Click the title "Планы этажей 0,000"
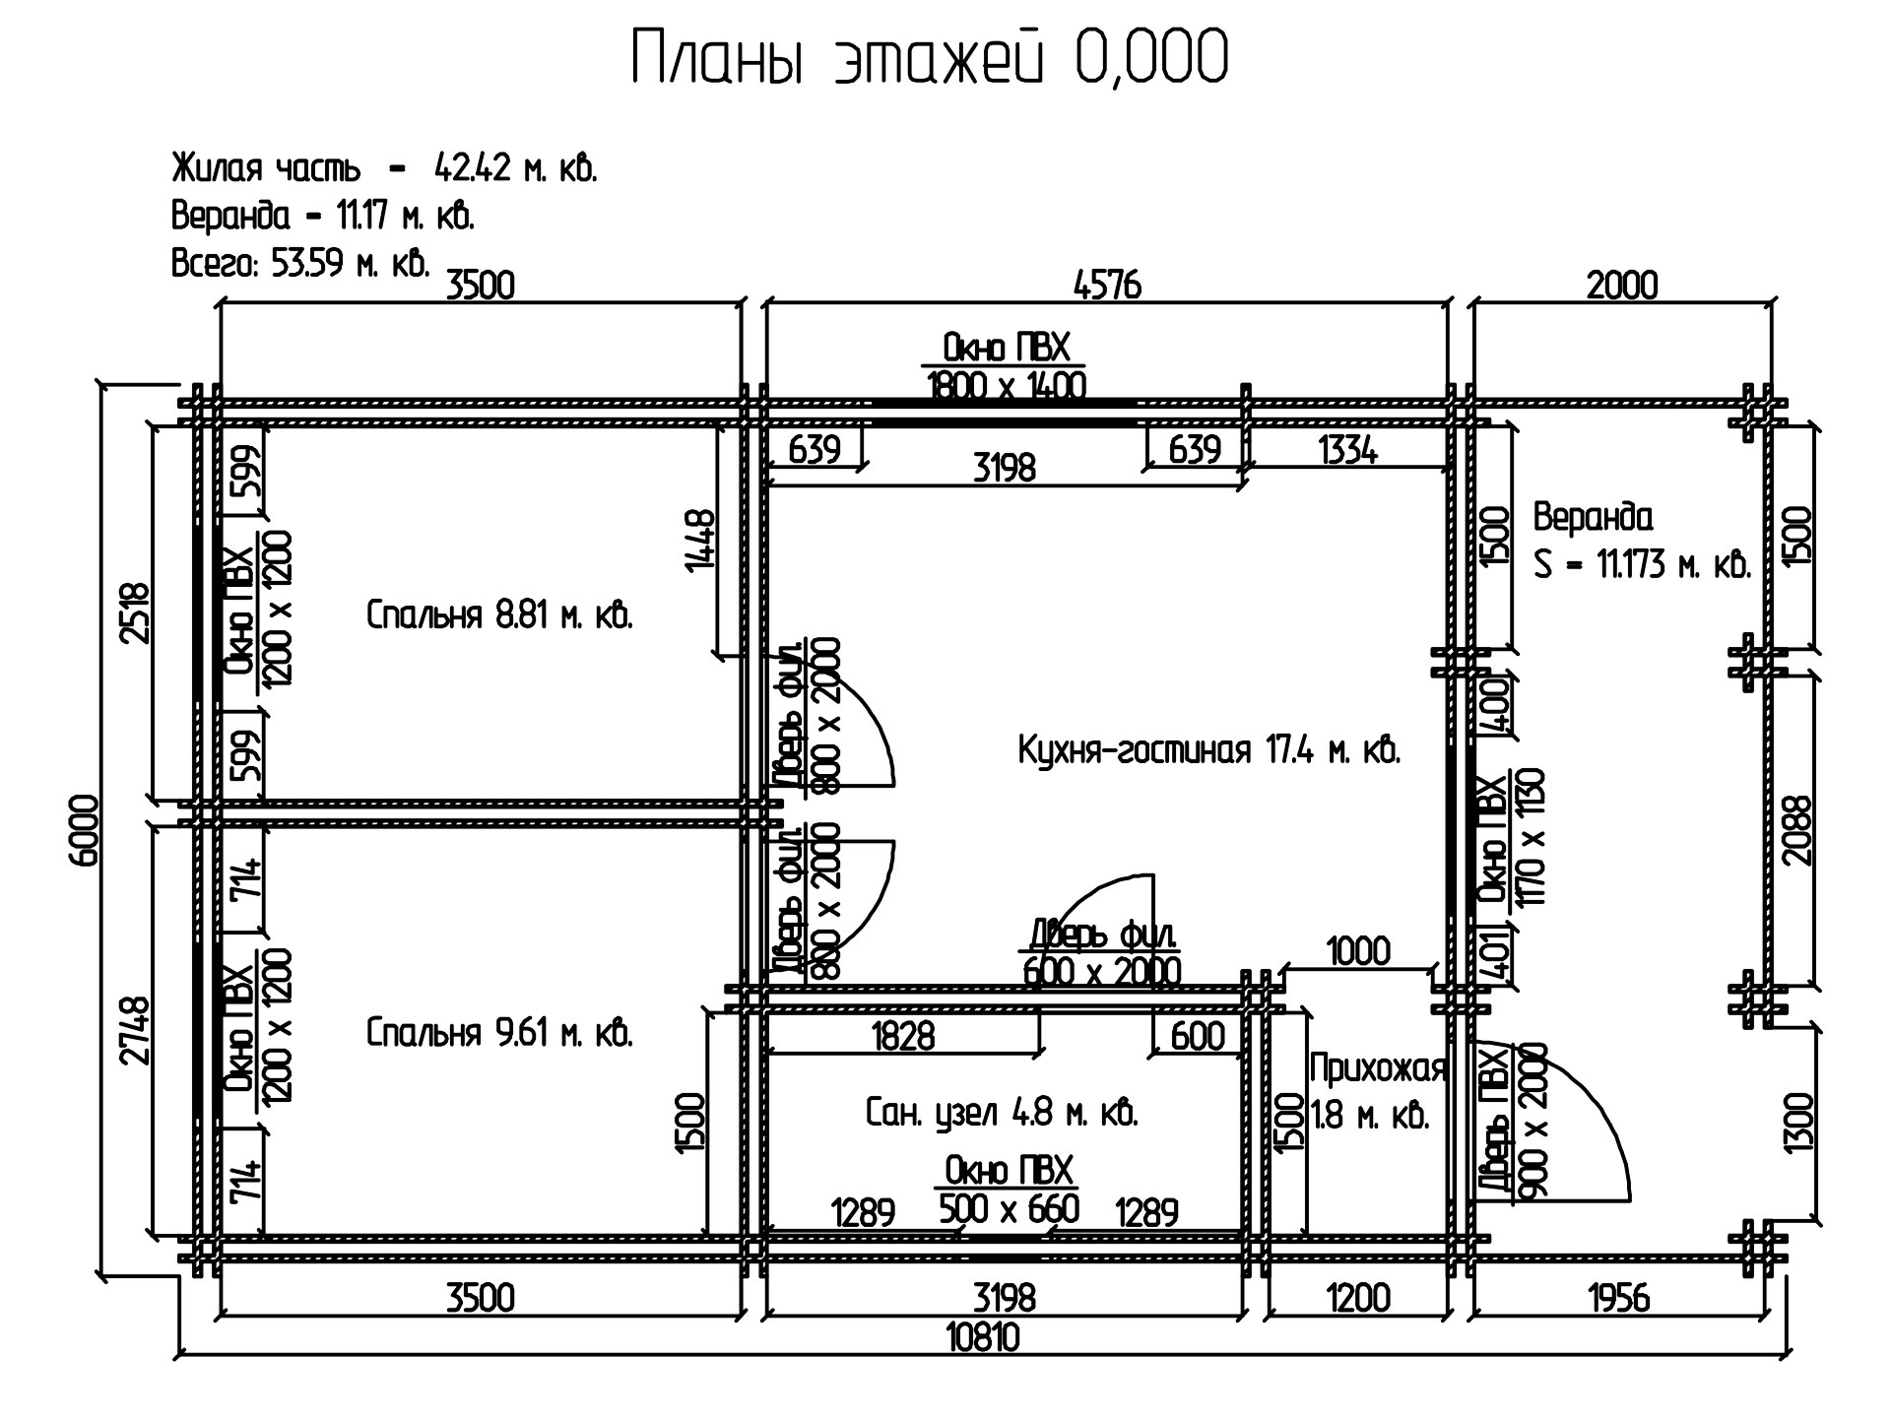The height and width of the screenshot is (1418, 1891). [x=929, y=58]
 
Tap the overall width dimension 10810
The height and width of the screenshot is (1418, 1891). [x=982, y=1337]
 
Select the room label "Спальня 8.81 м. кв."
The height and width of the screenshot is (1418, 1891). [x=499, y=615]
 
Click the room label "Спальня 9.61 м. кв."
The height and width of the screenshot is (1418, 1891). [x=499, y=1033]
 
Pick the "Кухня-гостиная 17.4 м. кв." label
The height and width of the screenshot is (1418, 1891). [x=1209, y=751]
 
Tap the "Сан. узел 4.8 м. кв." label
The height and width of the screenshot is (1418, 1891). [x=1002, y=1114]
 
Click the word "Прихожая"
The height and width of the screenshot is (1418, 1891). [x=1378, y=1068]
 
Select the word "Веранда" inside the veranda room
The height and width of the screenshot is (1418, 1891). [x=1594, y=517]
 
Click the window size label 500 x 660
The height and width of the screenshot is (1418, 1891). [x=1009, y=1208]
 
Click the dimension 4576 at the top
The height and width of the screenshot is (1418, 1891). [x=1106, y=286]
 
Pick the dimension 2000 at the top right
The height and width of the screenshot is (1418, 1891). [x=1622, y=286]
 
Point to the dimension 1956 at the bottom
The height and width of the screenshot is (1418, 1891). [x=1619, y=1299]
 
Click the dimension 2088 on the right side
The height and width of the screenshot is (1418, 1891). [x=1797, y=829]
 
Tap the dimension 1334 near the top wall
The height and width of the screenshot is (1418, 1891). [x=1347, y=450]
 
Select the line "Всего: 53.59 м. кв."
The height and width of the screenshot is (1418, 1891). [x=300, y=263]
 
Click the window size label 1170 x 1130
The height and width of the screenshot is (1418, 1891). [x=1532, y=837]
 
